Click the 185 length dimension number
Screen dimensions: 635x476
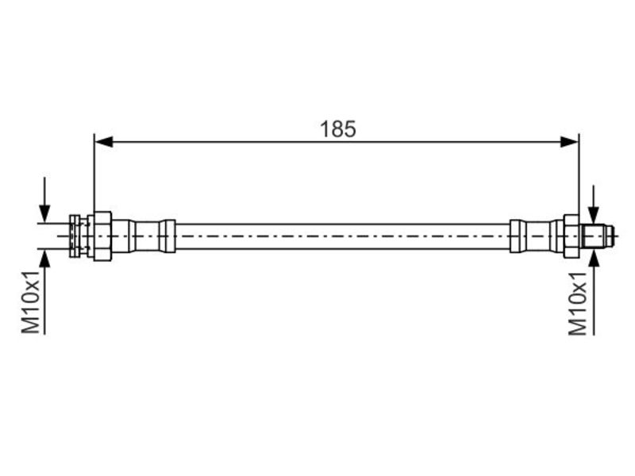tap(338, 129)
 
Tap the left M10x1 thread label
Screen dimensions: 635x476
tap(31, 302)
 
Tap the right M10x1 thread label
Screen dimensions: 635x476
tap(578, 304)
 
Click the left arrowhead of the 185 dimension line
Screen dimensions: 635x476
tap(103, 142)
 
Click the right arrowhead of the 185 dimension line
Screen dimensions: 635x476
tap(570, 142)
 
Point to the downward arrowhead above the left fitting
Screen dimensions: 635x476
tap(44, 213)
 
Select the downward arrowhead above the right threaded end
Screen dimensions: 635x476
tap(594, 215)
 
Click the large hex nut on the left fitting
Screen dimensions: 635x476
tap(102, 236)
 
